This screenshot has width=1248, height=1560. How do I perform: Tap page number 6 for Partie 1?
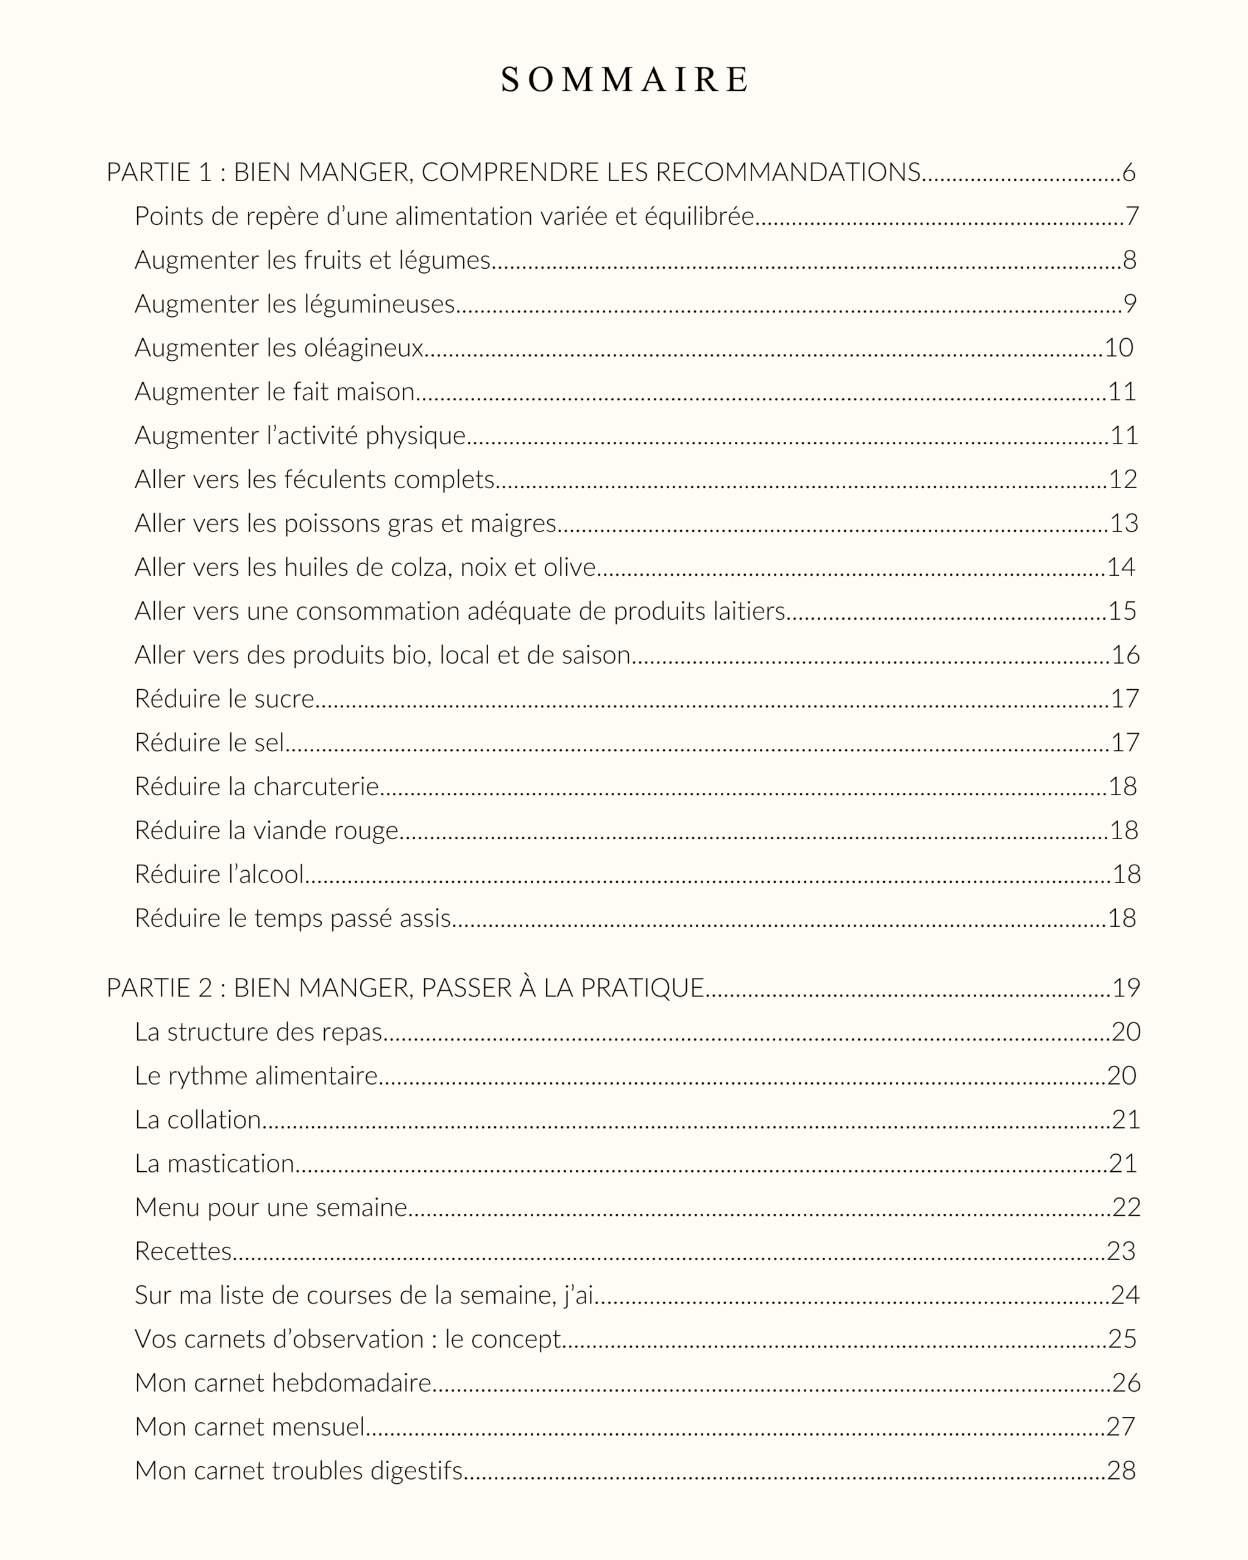tap(1129, 172)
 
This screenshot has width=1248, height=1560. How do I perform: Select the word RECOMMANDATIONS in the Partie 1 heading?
tap(788, 172)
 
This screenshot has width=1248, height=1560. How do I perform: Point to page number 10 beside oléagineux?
tap(1118, 348)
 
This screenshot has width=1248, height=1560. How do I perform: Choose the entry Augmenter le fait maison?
tap(274, 391)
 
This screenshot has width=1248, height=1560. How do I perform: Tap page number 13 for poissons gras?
tap(1124, 523)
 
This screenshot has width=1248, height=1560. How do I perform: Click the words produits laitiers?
tap(699, 611)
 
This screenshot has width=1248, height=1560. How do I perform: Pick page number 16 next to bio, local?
tap(1125, 655)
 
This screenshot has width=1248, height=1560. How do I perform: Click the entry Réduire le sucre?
tap(224, 699)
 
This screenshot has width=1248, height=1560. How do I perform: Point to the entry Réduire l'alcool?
tap(219, 874)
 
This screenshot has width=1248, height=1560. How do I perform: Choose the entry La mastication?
tap(214, 1163)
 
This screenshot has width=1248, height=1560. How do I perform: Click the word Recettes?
tap(183, 1251)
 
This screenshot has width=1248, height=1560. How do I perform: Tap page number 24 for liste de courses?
tap(1125, 1294)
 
